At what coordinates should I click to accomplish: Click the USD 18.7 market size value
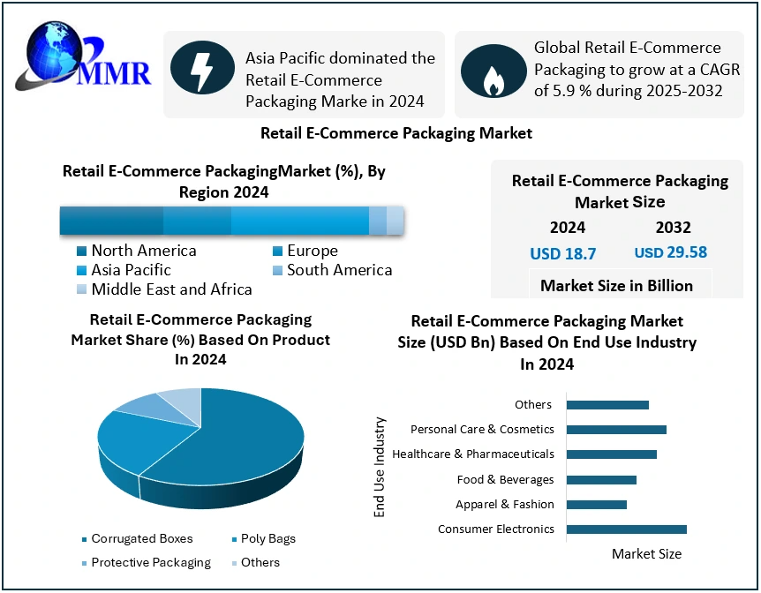pyautogui.click(x=562, y=254)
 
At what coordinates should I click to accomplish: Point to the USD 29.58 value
pyautogui.click(x=671, y=253)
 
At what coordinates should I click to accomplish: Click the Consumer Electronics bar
pyautogui.click(x=626, y=529)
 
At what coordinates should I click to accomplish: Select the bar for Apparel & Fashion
pyautogui.click(x=596, y=505)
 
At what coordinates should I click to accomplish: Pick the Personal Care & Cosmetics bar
pyautogui.click(x=616, y=430)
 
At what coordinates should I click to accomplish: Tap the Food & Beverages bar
pyautogui.click(x=601, y=480)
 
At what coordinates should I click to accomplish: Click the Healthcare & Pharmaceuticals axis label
pyautogui.click(x=473, y=454)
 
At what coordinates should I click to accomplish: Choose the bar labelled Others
pyautogui.click(x=607, y=405)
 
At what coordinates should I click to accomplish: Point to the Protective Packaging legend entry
pyautogui.click(x=145, y=562)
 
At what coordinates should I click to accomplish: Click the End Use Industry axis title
pyautogui.click(x=380, y=467)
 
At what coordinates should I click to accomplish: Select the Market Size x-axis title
pyautogui.click(x=646, y=554)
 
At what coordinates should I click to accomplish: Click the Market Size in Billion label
pyautogui.click(x=616, y=285)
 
